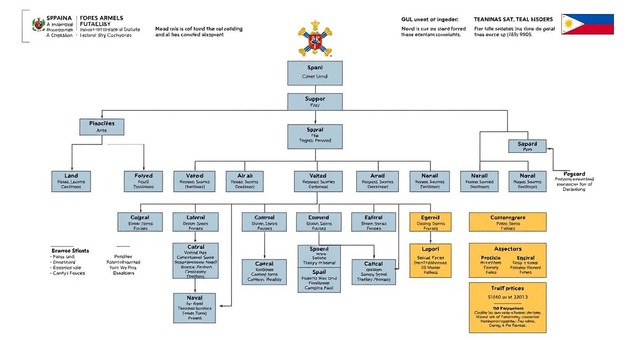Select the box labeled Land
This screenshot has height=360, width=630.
(71, 181)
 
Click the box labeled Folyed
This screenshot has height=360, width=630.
(143, 181)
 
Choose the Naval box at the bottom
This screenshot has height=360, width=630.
(195, 308)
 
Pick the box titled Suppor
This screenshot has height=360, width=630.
(315, 102)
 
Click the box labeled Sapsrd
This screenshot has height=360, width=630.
(527, 146)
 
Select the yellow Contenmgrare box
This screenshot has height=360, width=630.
(508, 222)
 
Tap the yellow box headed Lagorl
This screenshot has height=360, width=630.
(430, 261)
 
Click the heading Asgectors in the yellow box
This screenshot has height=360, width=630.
(508, 249)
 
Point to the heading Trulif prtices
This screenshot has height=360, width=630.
(508, 288)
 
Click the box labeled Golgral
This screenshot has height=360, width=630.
(140, 222)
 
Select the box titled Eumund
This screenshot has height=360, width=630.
(319, 222)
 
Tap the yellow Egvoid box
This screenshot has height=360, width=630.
(430, 222)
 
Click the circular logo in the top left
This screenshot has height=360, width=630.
(38, 25)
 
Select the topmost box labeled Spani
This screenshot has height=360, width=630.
(315, 73)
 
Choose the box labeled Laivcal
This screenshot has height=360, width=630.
(195, 222)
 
